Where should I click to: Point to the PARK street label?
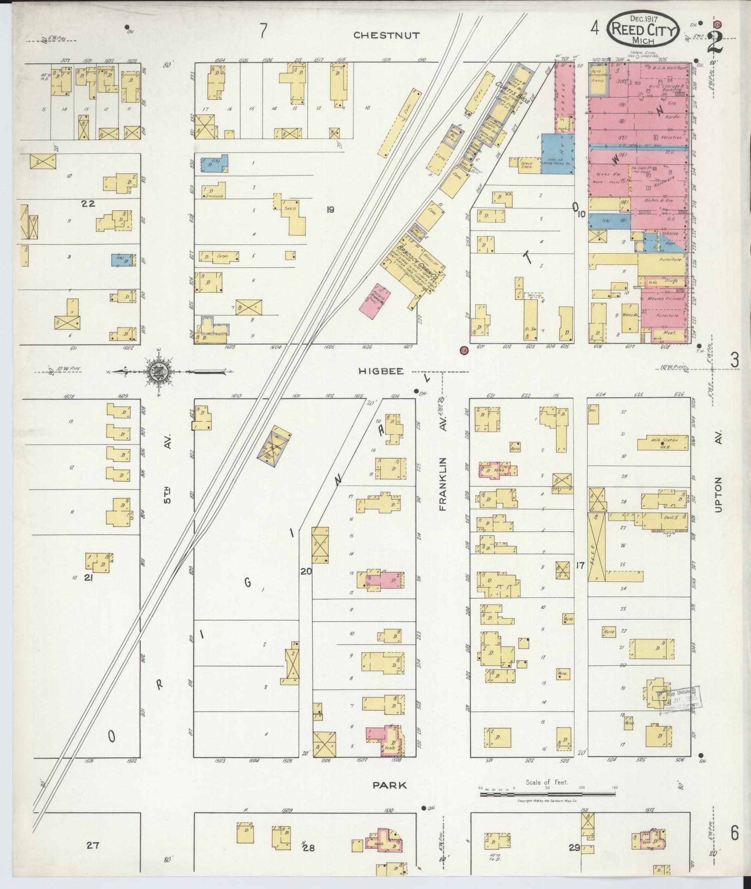[390, 784]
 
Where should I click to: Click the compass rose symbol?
[159, 370]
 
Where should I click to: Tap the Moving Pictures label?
[663, 298]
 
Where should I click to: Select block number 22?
[88, 203]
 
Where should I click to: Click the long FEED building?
[596, 546]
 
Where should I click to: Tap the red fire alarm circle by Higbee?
[464, 350]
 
